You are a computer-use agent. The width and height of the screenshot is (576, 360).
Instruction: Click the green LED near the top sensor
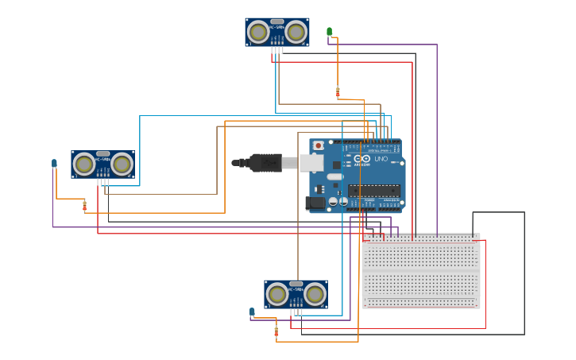[330, 32]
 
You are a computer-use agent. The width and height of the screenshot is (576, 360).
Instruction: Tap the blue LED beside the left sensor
[54, 164]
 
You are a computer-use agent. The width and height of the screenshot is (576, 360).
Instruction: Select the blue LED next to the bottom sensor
[252, 312]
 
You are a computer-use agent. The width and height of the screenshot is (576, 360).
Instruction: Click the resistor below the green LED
[338, 92]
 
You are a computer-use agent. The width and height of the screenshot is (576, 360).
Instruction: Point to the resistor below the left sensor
[85, 206]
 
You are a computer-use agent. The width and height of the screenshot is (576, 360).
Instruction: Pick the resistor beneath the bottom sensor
[276, 331]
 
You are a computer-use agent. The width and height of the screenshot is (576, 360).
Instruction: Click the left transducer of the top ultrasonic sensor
[257, 32]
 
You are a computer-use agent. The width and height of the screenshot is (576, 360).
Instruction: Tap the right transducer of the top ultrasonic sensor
[296, 32]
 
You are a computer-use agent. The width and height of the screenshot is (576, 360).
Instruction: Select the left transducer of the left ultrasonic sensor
[83, 165]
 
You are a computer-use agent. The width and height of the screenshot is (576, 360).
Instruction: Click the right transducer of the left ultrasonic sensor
[122, 165]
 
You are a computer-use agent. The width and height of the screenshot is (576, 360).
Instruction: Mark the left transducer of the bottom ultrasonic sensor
[276, 295]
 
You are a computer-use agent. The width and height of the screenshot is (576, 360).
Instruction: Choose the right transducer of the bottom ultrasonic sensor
[315, 295]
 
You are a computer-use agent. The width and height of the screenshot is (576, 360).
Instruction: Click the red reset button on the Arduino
[319, 145]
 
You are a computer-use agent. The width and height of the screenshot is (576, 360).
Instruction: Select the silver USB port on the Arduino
[311, 163]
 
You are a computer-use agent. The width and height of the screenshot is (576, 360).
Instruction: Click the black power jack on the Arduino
[315, 203]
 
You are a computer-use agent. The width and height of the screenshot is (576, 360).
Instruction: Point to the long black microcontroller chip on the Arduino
[373, 191]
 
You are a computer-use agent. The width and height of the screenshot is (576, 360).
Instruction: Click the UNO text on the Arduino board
[381, 159]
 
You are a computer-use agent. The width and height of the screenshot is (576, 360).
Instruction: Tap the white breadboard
[421, 270]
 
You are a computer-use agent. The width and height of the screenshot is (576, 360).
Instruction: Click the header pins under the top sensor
[276, 50]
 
